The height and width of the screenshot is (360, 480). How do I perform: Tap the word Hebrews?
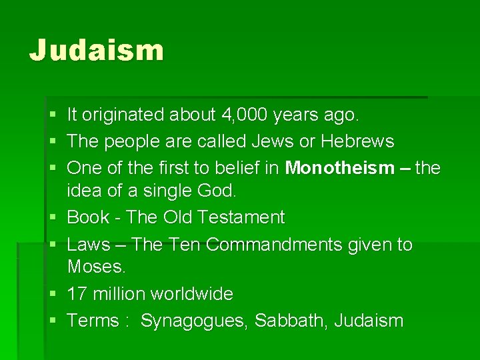coord(357,142)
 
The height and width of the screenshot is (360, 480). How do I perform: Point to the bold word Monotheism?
coord(340,168)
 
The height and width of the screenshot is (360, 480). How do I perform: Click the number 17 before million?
coord(77,294)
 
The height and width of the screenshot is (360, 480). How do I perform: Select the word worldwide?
coord(192,294)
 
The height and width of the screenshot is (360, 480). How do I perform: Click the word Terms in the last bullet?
coord(93,321)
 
